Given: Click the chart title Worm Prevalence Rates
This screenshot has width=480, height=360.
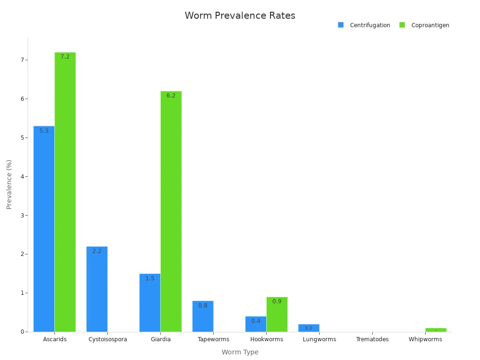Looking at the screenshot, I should [x=240, y=16].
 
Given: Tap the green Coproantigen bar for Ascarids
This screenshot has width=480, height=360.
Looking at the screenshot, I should [x=65, y=192].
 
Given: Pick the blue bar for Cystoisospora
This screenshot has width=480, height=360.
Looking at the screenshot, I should [x=97, y=289].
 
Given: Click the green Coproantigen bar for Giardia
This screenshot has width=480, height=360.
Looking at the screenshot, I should [x=171, y=211].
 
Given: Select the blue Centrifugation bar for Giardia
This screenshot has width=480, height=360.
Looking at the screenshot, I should [x=150, y=303].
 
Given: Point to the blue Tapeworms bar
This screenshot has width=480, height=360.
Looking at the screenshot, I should [x=203, y=316].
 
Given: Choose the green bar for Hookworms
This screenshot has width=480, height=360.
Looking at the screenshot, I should [x=277, y=315].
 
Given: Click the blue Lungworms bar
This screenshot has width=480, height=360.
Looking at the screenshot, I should [x=309, y=328].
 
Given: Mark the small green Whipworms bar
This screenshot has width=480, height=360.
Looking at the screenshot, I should [x=436, y=330].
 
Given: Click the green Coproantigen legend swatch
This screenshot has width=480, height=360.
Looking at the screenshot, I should [x=402, y=25].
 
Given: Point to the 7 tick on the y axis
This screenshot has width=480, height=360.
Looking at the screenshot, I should [x=22, y=60].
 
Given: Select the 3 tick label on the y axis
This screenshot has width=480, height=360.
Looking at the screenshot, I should [x=22, y=216].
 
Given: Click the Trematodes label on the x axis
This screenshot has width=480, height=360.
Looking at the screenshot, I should [x=372, y=339].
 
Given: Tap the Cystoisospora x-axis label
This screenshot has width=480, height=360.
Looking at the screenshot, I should [x=108, y=339].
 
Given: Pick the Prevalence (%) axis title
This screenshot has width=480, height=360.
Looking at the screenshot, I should [x=9, y=184].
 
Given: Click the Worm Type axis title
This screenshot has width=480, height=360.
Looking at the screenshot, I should [x=240, y=352].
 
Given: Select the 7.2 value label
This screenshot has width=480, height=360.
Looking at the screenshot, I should [x=65, y=57].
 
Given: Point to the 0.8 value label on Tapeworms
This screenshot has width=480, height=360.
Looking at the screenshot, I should [x=203, y=306].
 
